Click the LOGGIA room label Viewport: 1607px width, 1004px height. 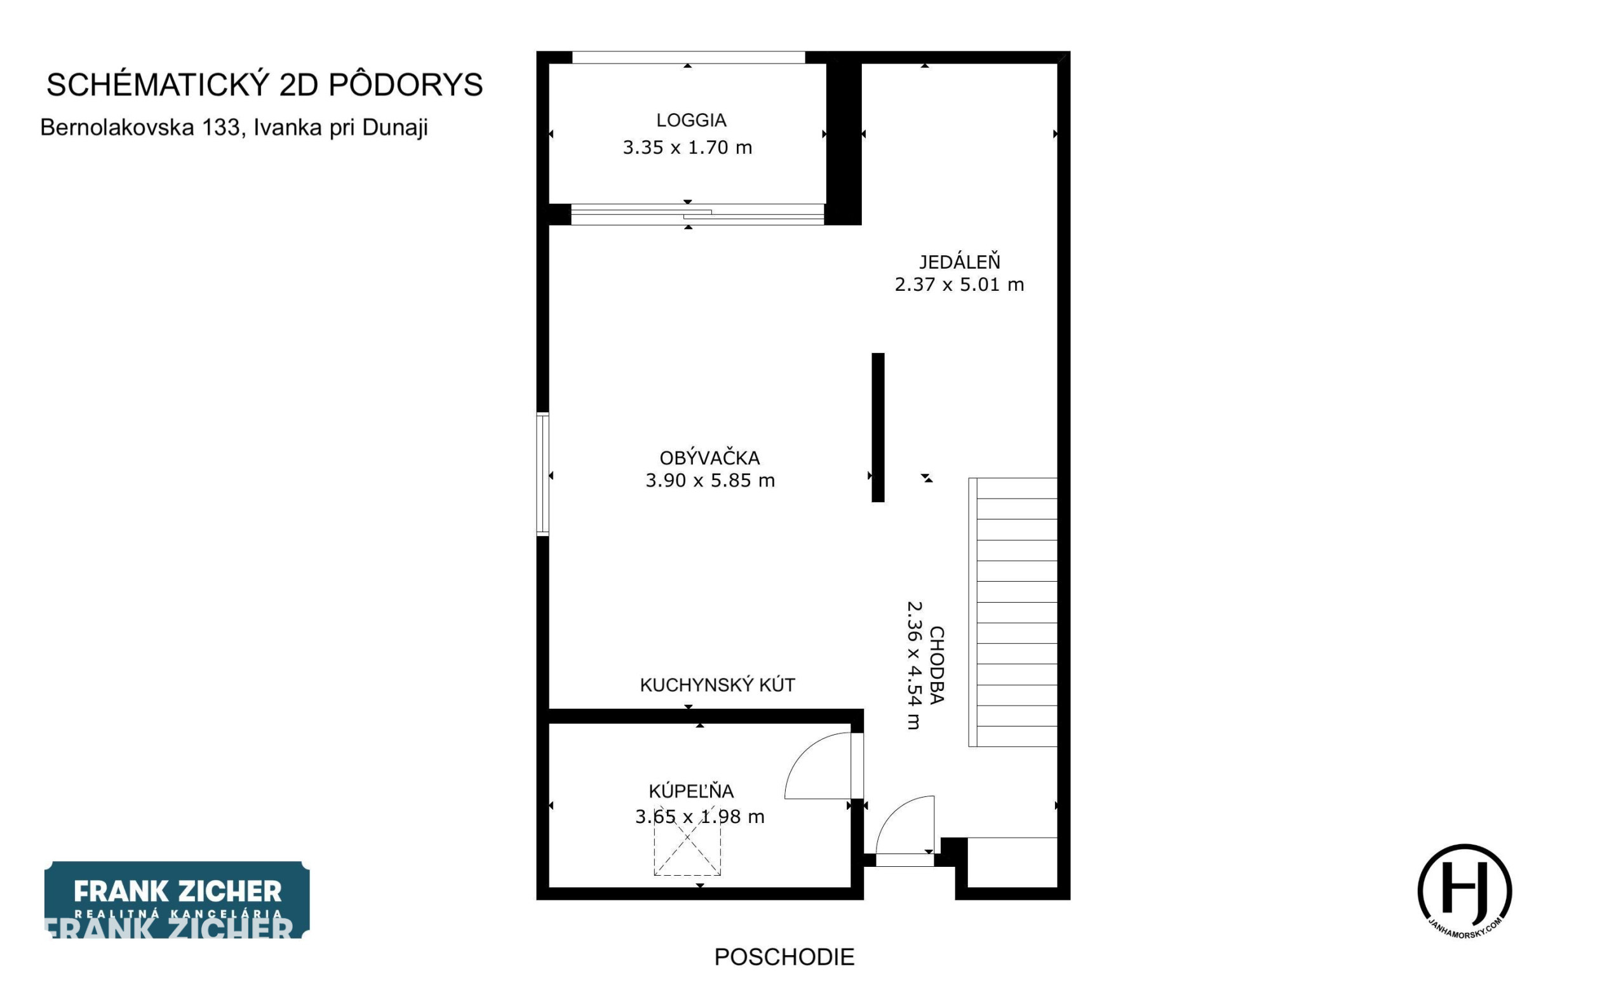click(x=691, y=120)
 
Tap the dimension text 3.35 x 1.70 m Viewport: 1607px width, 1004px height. click(x=687, y=147)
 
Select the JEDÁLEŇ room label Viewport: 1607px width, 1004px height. click(x=960, y=261)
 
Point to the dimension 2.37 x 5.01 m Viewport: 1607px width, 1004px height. click(x=960, y=284)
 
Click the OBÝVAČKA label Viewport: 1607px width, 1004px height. click(x=710, y=457)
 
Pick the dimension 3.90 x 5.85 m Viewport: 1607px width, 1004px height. click(x=710, y=480)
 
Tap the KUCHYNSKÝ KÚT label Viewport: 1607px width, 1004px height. click(x=717, y=685)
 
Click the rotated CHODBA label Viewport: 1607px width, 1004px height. click(x=936, y=665)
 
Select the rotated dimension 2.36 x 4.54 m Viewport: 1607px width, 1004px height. click(x=915, y=666)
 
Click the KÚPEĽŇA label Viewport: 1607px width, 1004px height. click(x=691, y=791)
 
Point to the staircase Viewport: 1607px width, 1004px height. click(x=1012, y=612)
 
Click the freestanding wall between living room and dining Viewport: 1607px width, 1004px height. click(x=878, y=427)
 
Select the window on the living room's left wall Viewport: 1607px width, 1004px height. click(x=542, y=474)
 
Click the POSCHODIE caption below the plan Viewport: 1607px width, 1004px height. click(x=784, y=957)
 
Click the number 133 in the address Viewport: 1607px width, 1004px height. click(x=222, y=128)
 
